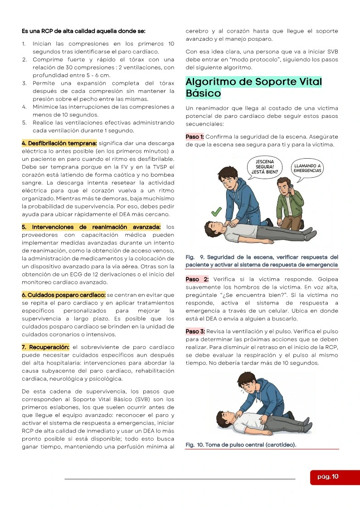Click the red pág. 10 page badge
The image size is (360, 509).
pos(335,477)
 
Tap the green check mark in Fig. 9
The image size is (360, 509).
pos(217,212)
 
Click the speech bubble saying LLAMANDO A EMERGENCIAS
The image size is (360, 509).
pos(307,168)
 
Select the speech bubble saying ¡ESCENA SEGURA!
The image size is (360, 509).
pos(265,167)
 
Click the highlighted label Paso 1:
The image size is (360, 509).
pos(195,137)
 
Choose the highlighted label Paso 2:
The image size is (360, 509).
pos(197,279)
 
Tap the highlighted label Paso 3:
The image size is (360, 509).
pos(195,331)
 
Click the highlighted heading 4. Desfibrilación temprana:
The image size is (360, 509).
pos(59,143)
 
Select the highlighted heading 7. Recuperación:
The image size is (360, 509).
pos(45,347)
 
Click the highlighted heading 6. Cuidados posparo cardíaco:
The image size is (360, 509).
pos(63,295)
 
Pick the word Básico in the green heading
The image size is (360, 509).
pos(203,93)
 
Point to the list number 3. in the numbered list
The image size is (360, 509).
pos(24,83)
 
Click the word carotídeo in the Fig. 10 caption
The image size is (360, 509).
pos(280,445)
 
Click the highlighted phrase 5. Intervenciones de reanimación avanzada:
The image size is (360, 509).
pos(91,227)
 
